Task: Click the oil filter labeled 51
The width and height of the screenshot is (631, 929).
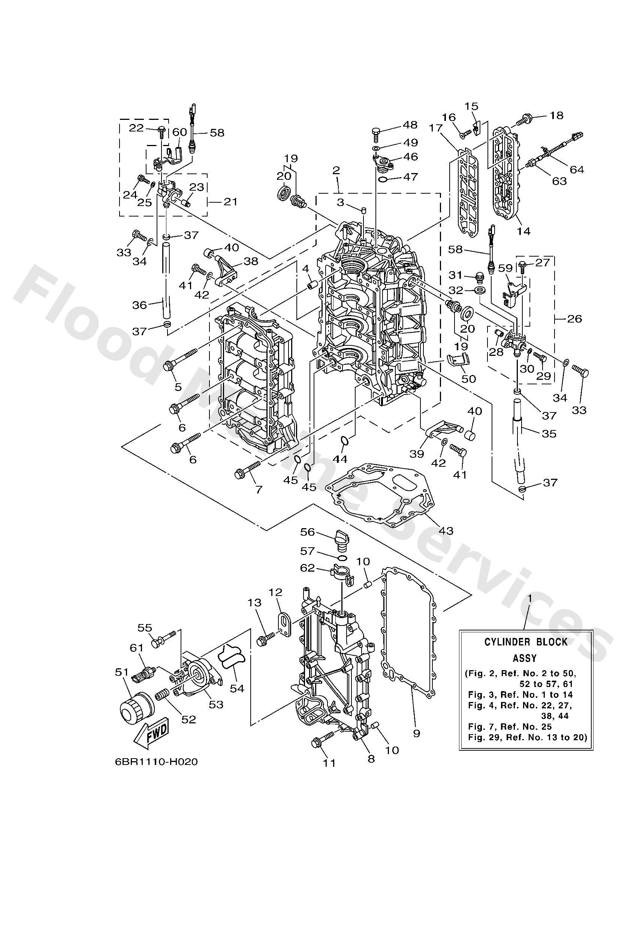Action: pos(136,715)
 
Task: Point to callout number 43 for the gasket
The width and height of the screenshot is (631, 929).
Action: pos(446,530)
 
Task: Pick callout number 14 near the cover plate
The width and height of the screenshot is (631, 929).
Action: pos(524,231)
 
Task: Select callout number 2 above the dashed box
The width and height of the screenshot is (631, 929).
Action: pos(336,170)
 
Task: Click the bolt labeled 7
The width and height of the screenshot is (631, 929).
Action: pos(248,470)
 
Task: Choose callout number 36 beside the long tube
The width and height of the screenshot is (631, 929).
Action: pos(139,305)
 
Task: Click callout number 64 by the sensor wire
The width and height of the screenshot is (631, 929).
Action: pos(577,169)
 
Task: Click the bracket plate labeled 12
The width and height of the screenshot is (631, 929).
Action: pos(284,624)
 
